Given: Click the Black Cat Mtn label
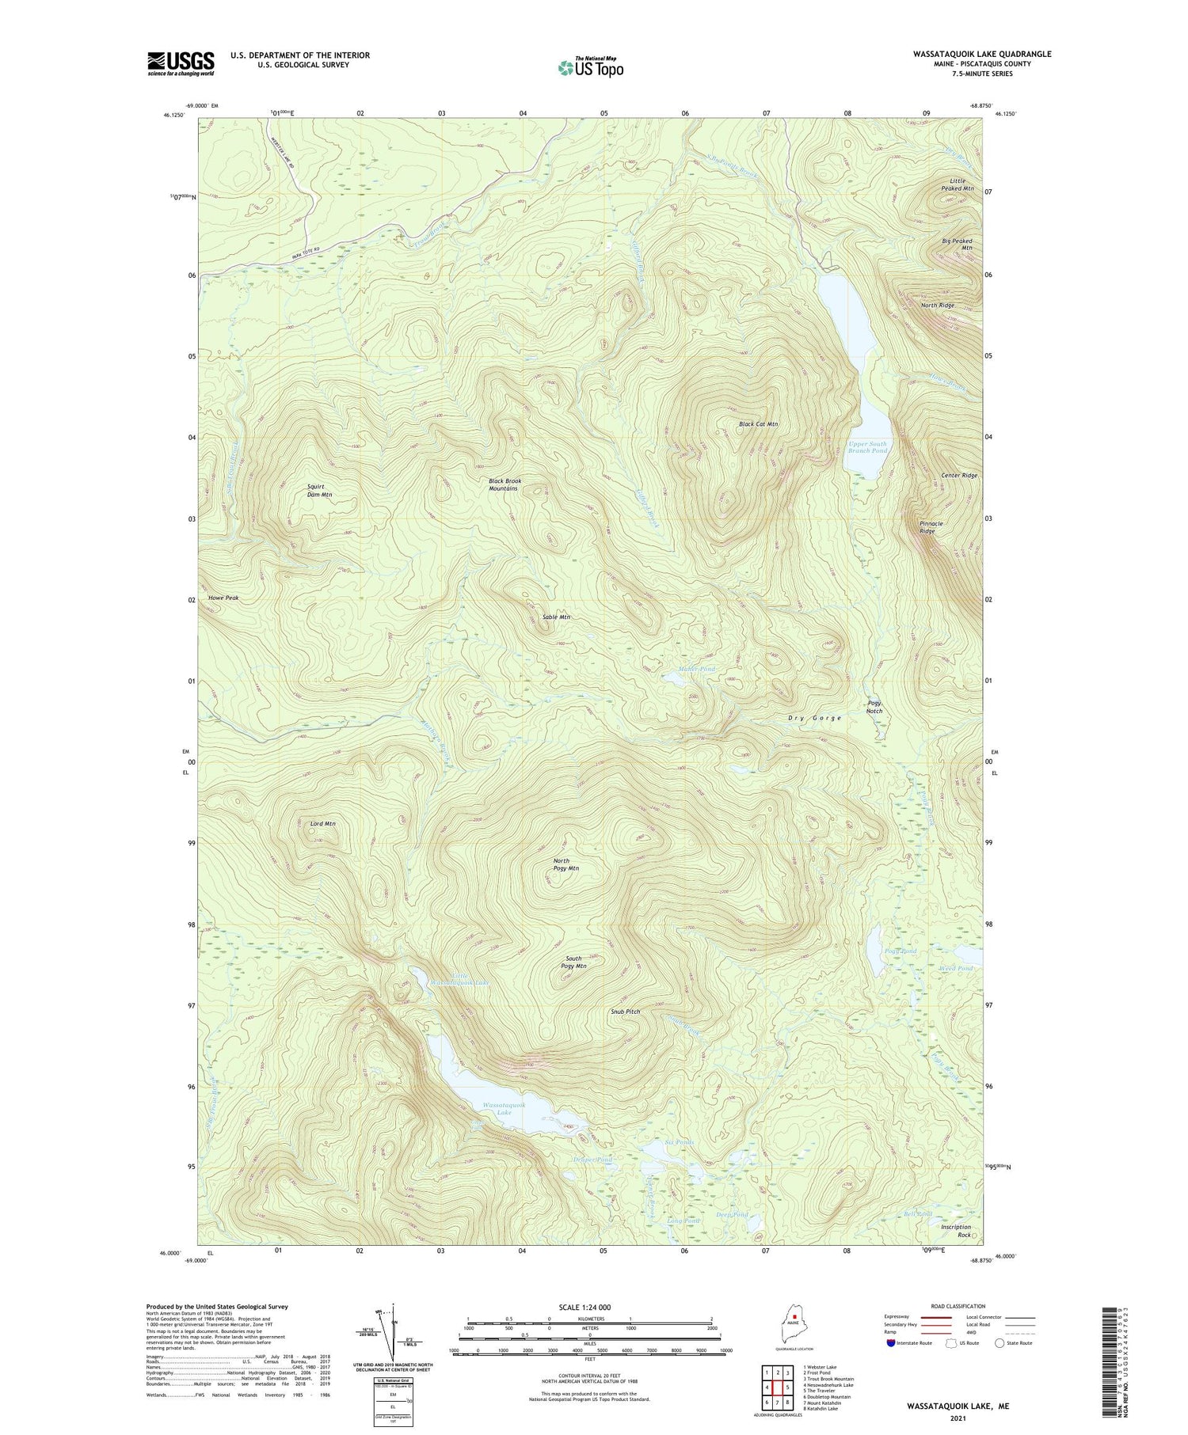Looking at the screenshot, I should pos(758,424).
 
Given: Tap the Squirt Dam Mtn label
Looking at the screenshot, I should pos(319,491).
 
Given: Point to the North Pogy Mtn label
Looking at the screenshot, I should pos(565,864).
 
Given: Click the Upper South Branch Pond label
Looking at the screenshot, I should pos(867,448).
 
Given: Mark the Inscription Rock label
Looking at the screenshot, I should pos(955,1231).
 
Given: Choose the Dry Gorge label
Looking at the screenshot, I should pos(814,718).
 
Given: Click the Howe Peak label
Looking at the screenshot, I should pos(223,598).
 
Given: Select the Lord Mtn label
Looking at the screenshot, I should pos(322,824).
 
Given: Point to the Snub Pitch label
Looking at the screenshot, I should pos(625,1012).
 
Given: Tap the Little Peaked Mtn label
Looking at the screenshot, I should pos(957,184).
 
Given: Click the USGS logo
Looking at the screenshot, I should pos(181,63).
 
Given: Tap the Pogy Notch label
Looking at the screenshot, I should pos(874,707).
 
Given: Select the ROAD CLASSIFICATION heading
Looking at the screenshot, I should pos(958,1306).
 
